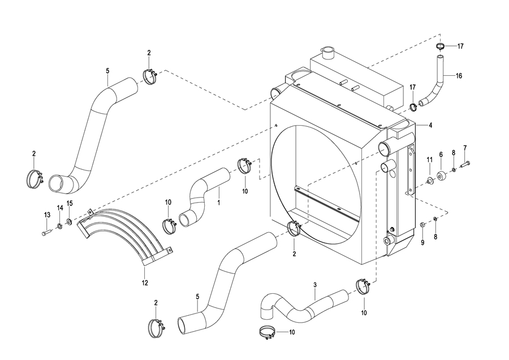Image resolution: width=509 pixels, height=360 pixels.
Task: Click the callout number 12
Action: click(145, 283)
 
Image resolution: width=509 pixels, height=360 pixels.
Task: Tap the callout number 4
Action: click(430, 125)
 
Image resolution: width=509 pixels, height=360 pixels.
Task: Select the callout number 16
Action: click(459, 76)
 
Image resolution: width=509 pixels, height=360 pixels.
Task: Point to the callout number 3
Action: click(315, 285)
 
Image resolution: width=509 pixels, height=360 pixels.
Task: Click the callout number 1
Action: click(219, 203)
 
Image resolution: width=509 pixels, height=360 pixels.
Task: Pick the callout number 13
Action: click(47, 215)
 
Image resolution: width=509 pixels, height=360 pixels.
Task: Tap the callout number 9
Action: click(422, 242)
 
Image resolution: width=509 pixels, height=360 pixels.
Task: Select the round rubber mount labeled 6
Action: click(441, 176)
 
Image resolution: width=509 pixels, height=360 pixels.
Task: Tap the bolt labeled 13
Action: click(46, 233)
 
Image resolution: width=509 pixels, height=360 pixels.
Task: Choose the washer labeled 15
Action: click(70, 222)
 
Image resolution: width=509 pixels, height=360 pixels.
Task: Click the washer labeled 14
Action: click(60, 226)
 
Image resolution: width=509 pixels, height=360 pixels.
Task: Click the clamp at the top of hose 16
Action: click(440, 46)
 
